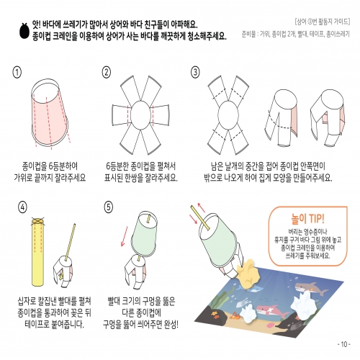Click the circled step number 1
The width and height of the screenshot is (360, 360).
coord(18,72)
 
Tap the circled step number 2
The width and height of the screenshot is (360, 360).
coord(107,72)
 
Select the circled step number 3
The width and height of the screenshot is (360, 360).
coord(194,72)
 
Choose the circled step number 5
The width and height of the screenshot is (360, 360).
coord(108,207)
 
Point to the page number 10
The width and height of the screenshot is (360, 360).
coord(343,343)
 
